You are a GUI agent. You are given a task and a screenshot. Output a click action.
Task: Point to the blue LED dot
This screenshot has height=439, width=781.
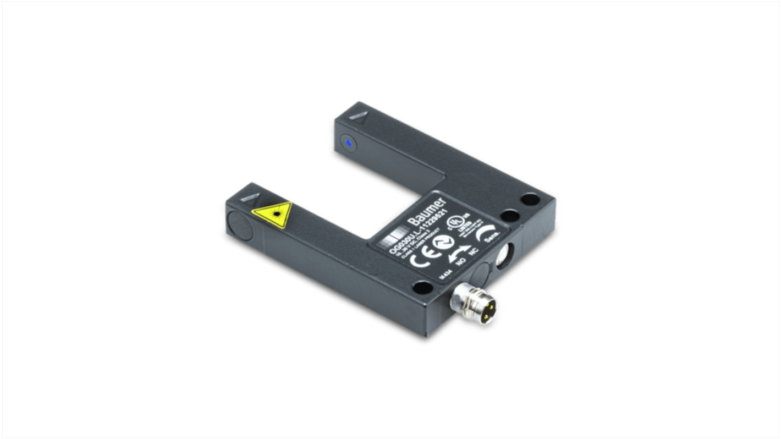click(348, 144)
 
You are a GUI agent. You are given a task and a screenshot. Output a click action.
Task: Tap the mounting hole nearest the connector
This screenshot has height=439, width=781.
click(422, 286)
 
